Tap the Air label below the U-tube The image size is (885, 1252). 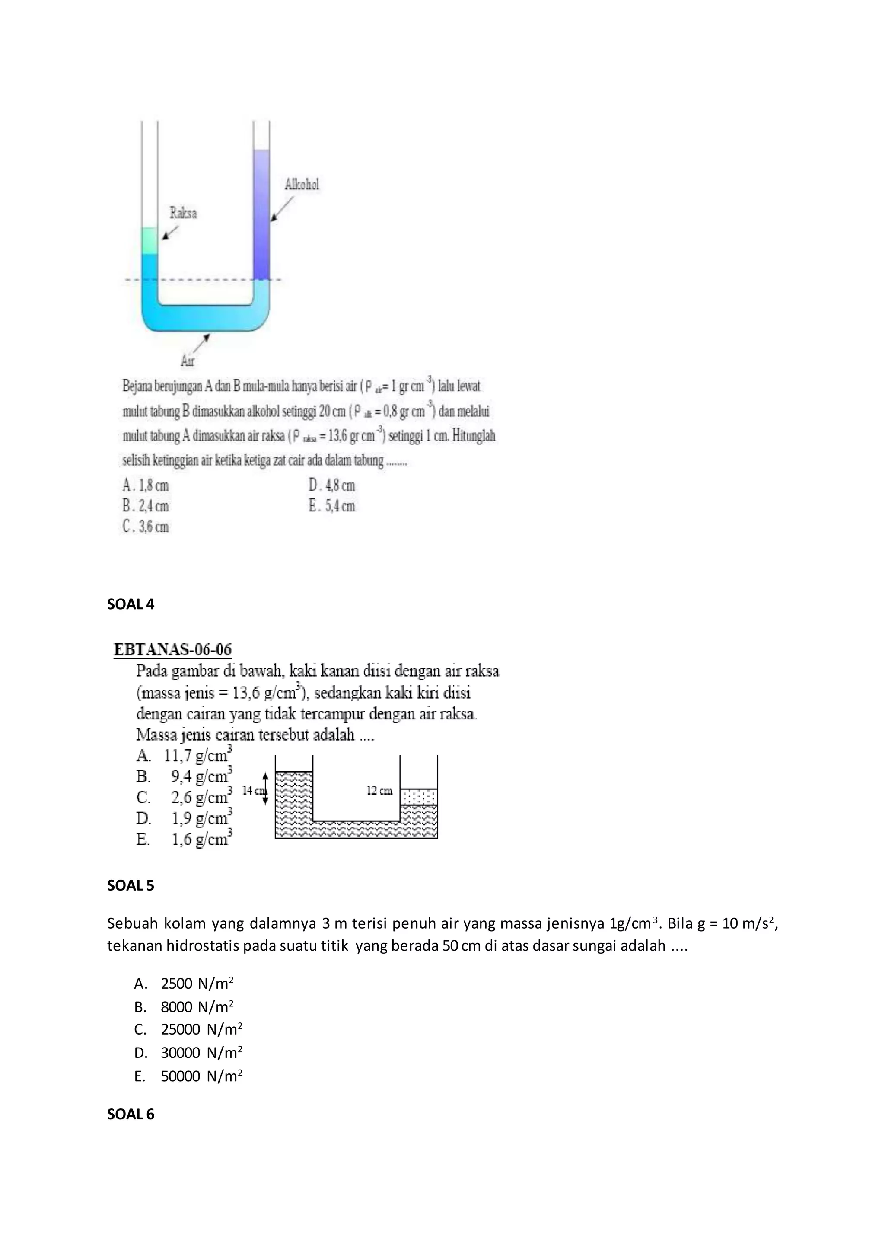pos(188,361)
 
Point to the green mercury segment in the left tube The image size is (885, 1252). pos(150,240)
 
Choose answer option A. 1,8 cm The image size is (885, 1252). pos(146,485)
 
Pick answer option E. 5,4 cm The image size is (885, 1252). pos(331,506)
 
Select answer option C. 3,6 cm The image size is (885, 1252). pos(146,527)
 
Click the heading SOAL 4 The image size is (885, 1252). pos(131,604)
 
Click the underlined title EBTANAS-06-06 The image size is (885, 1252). pos(172,650)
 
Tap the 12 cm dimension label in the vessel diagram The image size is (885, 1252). pos(379,791)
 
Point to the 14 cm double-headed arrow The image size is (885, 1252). pos(265,789)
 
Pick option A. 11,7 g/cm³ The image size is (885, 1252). pos(184,756)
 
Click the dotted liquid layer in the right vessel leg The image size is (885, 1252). pos(419,797)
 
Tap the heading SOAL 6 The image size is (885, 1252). pos(131,1114)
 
